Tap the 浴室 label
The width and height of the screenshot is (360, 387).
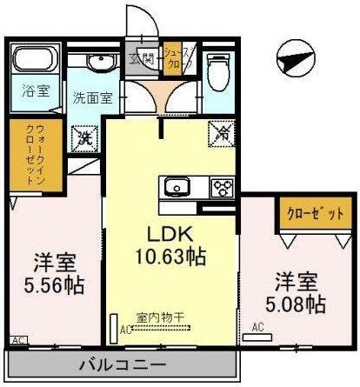point(34,90)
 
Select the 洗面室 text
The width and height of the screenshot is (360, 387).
point(90,97)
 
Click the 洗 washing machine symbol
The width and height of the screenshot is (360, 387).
point(84,137)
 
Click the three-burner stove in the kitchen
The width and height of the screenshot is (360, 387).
point(222,188)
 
